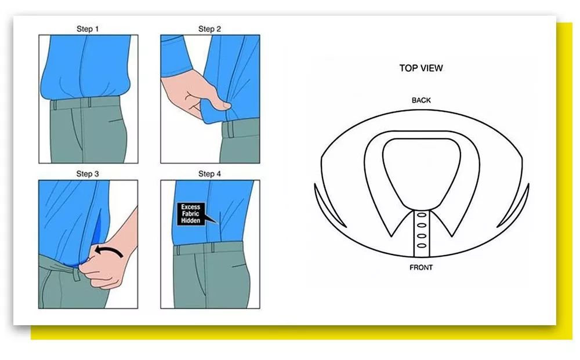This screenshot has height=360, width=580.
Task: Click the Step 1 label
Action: click(x=88, y=29)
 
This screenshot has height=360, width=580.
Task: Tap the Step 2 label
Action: click(x=209, y=29)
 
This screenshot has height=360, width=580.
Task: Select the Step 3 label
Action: click(x=88, y=174)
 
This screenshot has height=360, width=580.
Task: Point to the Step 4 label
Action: click(x=209, y=174)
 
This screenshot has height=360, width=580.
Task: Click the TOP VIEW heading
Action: click(x=421, y=68)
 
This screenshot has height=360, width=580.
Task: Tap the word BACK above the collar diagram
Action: click(x=421, y=100)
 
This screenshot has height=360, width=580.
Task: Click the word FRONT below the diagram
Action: click(x=421, y=267)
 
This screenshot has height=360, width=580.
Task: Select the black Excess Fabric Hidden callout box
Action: click(x=191, y=214)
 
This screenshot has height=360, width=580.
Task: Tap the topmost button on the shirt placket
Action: click(x=422, y=214)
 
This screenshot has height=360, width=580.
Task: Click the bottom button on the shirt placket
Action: click(x=422, y=246)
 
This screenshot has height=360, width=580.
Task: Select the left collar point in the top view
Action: click(x=391, y=235)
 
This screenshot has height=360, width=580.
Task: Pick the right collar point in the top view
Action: click(x=452, y=235)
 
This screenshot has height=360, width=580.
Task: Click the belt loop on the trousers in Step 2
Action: click(x=230, y=129)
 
